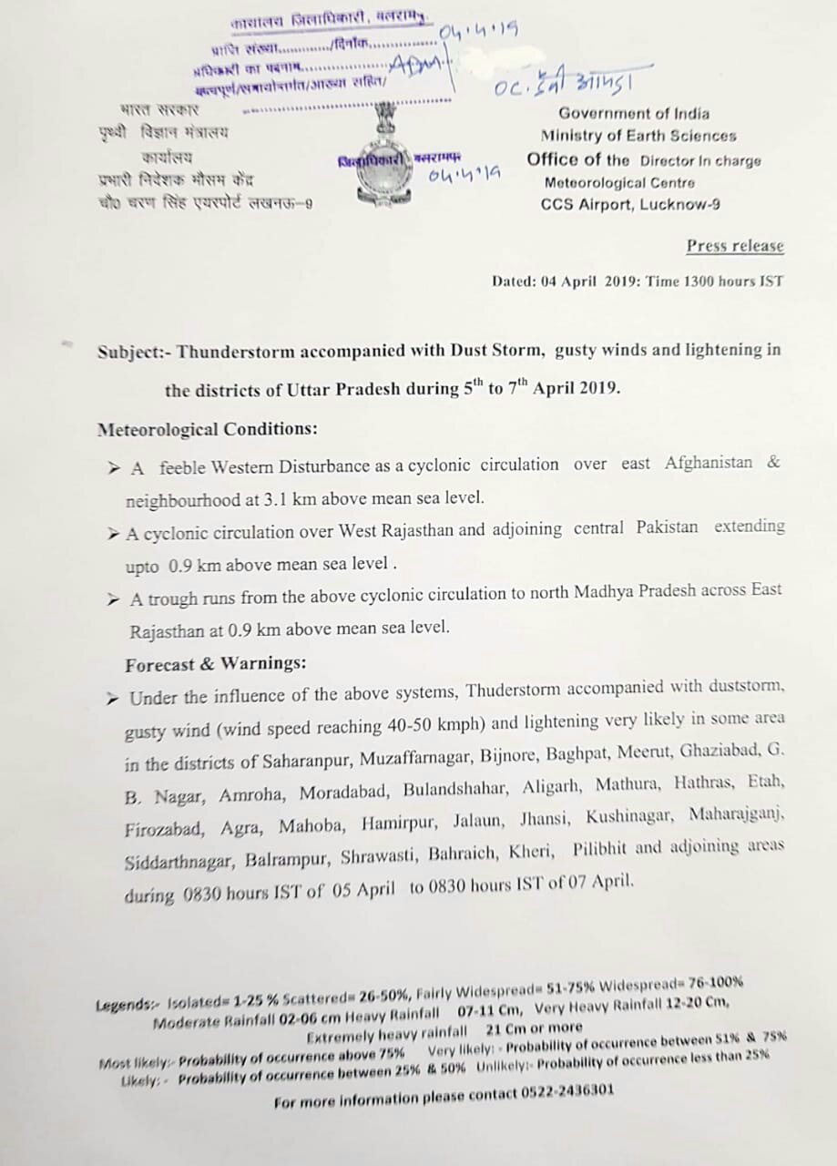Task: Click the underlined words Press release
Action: tap(734, 246)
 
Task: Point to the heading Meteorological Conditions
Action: tap(208, 429)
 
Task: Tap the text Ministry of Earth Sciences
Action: tap(638, 136)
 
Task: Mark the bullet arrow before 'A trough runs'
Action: tap(113, 599)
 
